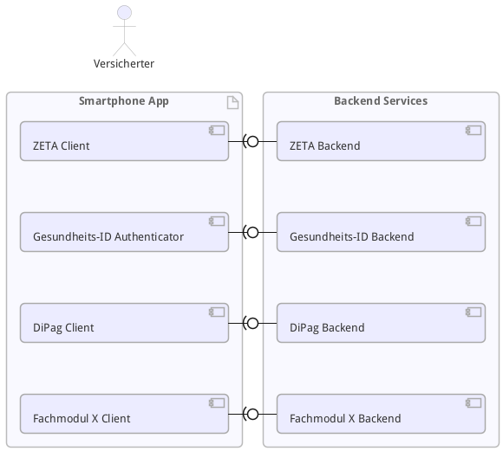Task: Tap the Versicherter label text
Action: coord(124,63)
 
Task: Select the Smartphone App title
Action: coord(124,101)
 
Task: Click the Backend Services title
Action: coord(381,101)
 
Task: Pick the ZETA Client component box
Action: coord(124,141)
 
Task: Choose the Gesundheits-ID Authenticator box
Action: coord(124,232)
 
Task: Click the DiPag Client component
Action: coord(124,323)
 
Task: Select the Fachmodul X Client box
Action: coord(124,414)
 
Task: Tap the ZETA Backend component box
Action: coord(381,141)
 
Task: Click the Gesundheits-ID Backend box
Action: coord(381,232)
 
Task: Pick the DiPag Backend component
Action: coord(381,323)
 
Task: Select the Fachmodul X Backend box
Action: coord(381,414)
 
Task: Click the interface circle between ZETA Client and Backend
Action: coord(253,141)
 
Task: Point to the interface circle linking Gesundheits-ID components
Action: coord(253,232)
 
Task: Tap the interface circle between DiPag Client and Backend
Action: coord(253,323)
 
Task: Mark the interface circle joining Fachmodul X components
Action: coord(253,414)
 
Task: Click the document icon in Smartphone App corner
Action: coord(232,103)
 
